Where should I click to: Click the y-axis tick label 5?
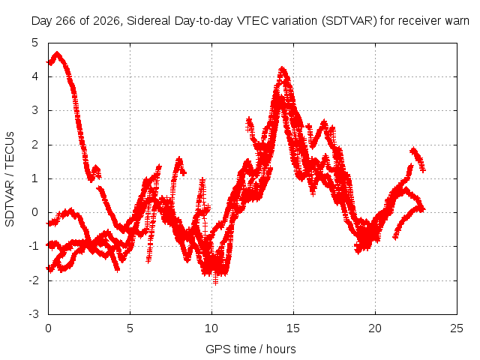point(34,43)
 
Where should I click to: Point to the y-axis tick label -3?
point(33,314)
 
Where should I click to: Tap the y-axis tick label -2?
point(33,280)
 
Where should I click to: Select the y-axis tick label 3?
point(34,110)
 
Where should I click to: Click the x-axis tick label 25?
point(457,328)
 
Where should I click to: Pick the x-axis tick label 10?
point(211,328)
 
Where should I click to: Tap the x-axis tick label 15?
point(293,328)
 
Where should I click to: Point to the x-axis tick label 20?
point(375,328)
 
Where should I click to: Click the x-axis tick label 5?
point(130,328)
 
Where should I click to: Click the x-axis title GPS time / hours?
point(250,349)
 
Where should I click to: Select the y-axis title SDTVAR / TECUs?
point(10,179)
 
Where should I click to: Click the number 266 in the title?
point(66,21)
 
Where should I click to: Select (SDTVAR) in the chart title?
point(349,21)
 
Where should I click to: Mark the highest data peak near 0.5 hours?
point(57,54)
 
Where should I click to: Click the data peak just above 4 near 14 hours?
point(282,68)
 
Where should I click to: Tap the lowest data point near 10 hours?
point(215,283)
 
